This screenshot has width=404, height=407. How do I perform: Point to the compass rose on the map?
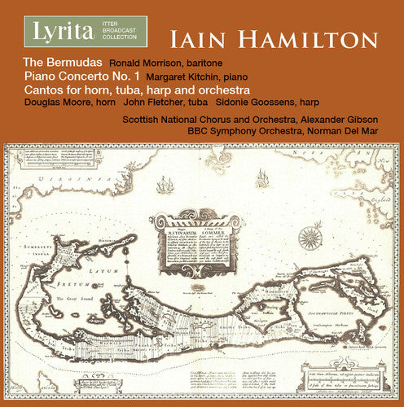click(310, 237)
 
